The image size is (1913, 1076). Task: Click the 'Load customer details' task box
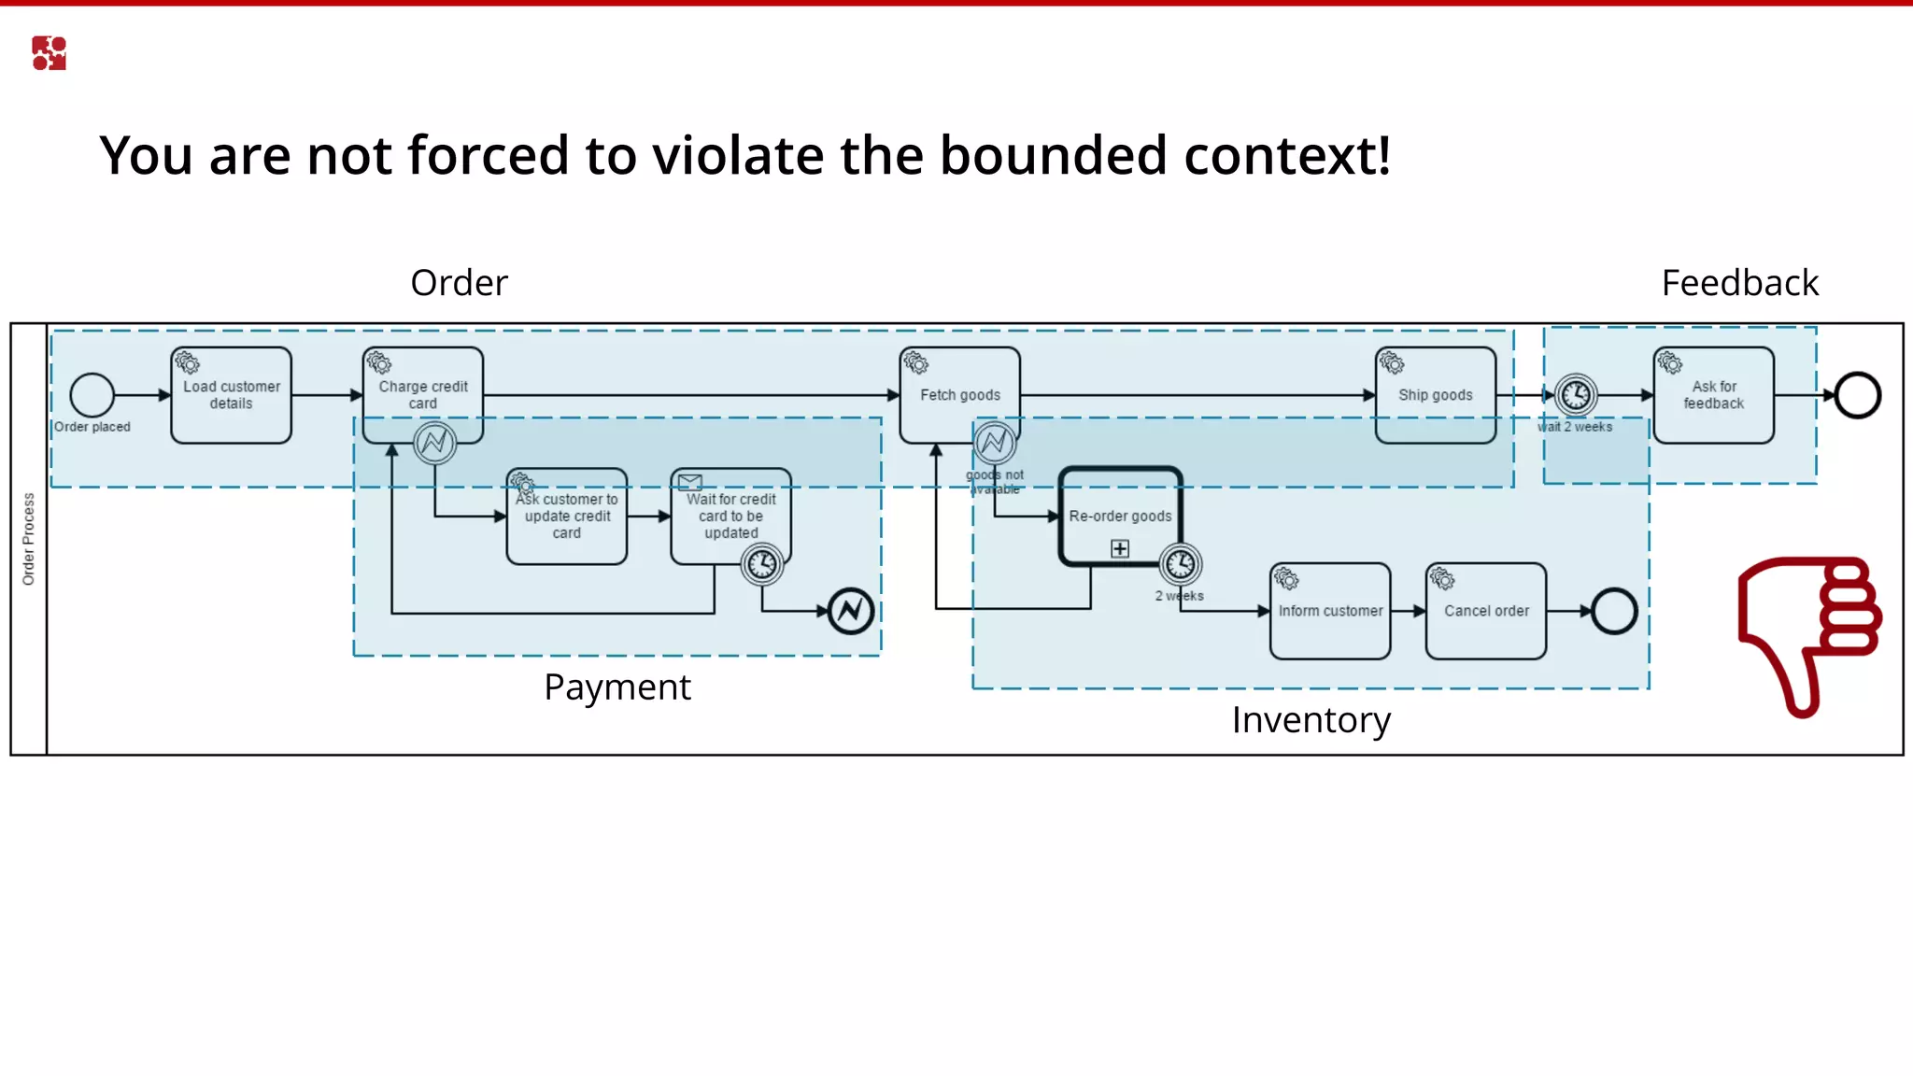[x=231, y=395]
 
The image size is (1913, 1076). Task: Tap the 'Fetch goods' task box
[x=959, y=395]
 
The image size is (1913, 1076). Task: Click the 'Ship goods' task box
[x=1435, y=395]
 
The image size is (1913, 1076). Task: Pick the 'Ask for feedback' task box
[x=1713, y=395]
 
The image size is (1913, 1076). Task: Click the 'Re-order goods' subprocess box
[x=1120, y=517]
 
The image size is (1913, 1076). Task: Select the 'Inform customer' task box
[x=1330, y=611]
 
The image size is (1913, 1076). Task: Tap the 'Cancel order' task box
[x=1486, y=611]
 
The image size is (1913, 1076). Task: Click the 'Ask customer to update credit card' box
[x=566, y=517]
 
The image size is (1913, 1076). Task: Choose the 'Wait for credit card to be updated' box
[x=730, y=517]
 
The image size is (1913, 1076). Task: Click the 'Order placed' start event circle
[x=92, y=395]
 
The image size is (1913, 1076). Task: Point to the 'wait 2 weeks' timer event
[x=1576, y=395]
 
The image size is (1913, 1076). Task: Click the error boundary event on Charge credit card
[x=434, y=443]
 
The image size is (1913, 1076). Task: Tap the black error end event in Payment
[x=850, y=612]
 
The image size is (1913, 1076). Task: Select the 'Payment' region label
[x=617, y=687]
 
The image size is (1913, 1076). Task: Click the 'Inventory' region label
[x=1311, y=720]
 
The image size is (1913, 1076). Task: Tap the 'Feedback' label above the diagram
[x=1739, y=283]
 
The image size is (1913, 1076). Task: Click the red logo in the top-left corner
[x=49, y=53]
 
